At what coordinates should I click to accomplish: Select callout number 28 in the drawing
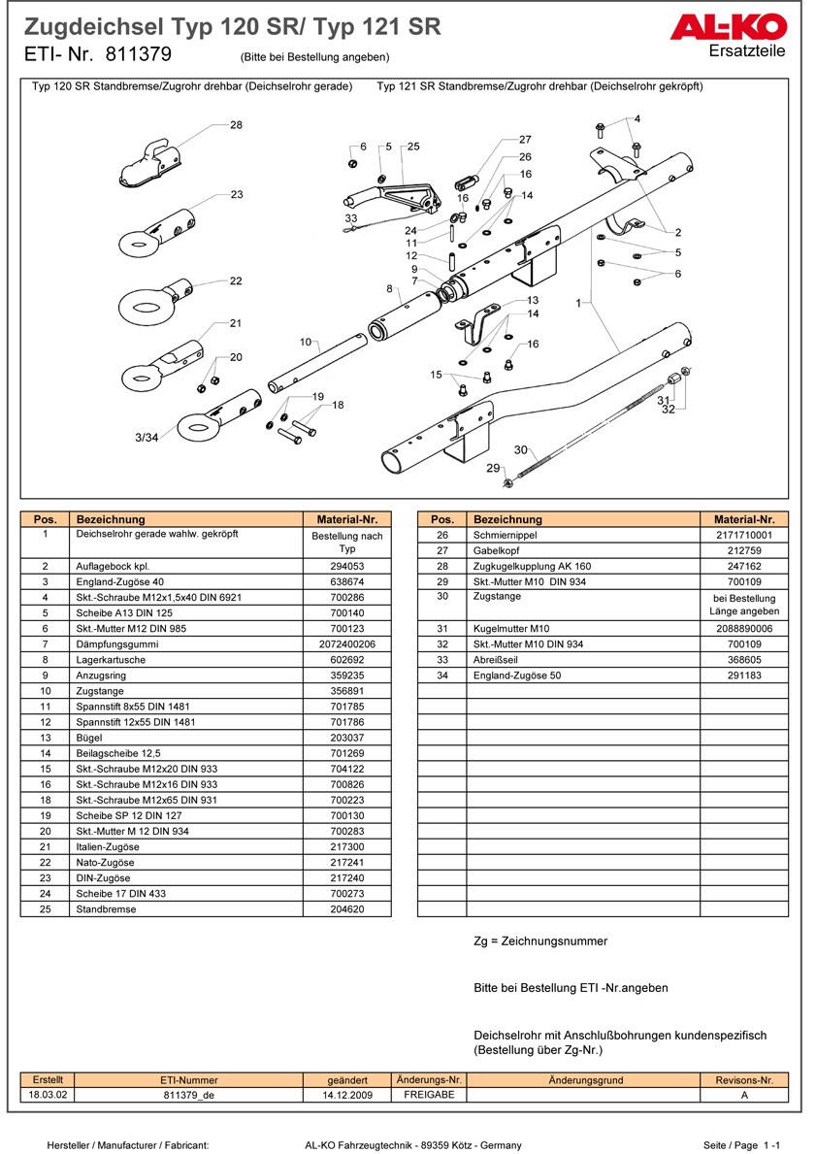click(x=236, y=125)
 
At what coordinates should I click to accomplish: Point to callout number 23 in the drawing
click(x=237, y=195)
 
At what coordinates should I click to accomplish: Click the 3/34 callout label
click(x=147, y=439)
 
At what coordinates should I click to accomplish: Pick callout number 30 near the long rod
click(x=520, y=449)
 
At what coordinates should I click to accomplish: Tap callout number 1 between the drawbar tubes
click(x=578, y=304)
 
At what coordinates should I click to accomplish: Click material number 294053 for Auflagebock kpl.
click(x=346, y=566)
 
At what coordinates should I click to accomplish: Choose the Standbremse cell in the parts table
click(x=106, y=909)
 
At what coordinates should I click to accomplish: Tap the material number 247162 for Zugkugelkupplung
click(x=745, y=566)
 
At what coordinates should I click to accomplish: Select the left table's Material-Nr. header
click(x=346, y=519)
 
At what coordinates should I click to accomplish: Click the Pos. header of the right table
click(x=441, y=519)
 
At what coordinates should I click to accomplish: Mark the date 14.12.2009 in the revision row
click(x=346, y=1095)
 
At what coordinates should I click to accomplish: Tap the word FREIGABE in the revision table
click(x=428, y=1095)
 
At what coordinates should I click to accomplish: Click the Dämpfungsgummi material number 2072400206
click(x=346, y=643)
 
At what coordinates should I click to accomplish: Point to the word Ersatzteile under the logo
click(x=747, y=51)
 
